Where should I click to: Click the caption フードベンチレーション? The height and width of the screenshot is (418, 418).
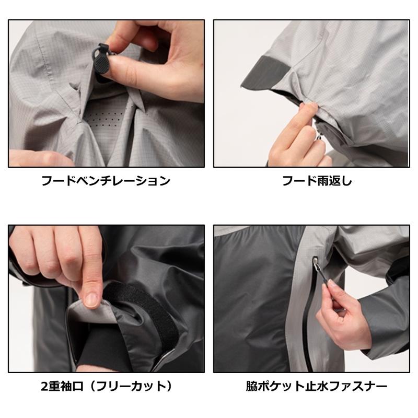coord(106,181)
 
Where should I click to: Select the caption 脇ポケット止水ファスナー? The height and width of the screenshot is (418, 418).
coord(317,387)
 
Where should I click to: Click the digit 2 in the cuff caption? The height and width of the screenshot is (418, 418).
coord(44,387)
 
